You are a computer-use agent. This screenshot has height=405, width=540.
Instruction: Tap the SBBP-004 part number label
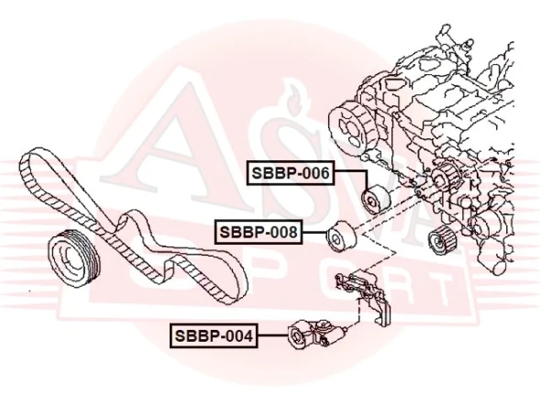pos(215,335)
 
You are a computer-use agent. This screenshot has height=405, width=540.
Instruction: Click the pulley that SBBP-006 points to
pos(375,201)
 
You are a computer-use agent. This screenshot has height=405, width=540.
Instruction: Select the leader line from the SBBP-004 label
pos(272,335)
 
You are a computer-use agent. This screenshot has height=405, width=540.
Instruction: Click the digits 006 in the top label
pos(313,171)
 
